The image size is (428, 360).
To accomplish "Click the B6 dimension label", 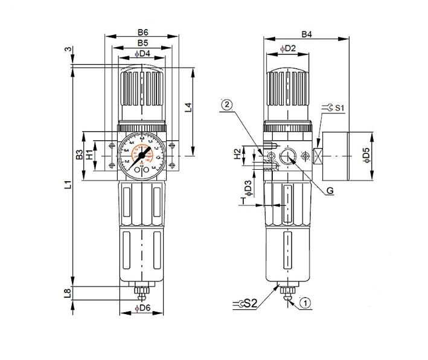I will tap(142, 32).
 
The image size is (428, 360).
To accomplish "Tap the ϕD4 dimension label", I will tap(142, 55).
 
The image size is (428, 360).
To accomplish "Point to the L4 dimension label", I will tap(188, 108).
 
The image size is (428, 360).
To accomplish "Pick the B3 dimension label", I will tap(79, 155).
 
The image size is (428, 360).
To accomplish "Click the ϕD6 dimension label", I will tap(143, 309).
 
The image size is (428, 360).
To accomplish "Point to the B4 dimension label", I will tap(307, 34).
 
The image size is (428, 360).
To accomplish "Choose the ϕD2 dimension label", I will tap(287, 48).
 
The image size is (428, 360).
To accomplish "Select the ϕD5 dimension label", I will tap(366, 156).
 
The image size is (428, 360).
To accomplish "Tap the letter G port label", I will tap(329, 191).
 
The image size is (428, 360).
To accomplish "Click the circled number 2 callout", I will tap(227, 104).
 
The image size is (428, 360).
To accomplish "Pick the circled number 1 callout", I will tap(305, 302).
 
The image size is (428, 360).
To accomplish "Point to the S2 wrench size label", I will tap(251, 303).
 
